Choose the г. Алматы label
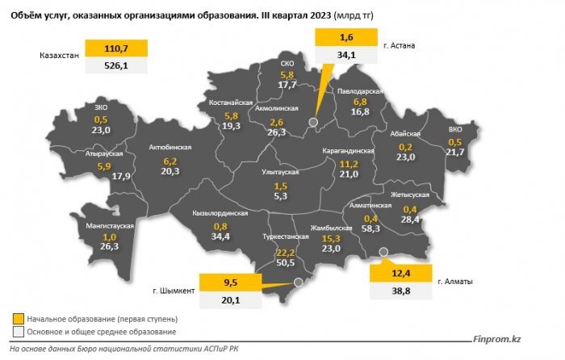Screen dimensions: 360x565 click(x=455, y=282)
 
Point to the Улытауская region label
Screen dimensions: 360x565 click(x=282, y=173)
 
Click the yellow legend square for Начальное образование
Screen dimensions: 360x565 click(x=17, y=319)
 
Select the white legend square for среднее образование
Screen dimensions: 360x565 click(x=17, y=332)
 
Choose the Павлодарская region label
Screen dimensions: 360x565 click(x=358, y=91)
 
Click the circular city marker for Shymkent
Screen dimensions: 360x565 click(x=298, y=282)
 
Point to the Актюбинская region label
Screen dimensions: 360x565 click(x=170, y=148)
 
